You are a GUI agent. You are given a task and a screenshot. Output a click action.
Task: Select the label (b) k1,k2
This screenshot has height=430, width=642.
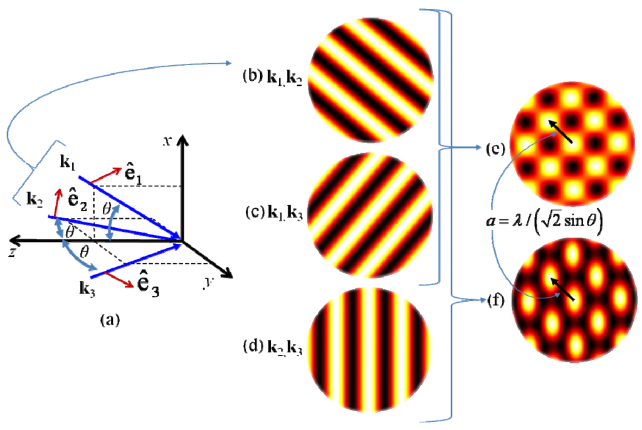pyautogui.click(x=273, y=80)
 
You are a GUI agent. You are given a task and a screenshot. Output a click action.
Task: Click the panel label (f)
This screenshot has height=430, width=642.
pyautogui.click(x=495, y=300)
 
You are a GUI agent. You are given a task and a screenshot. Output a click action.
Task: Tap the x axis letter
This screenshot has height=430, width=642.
pyautogui.click(x=167, y=140)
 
